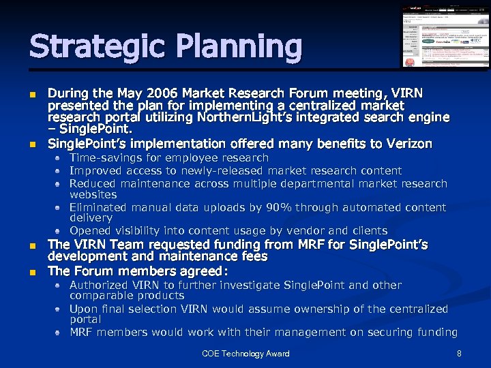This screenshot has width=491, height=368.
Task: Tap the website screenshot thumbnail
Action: pyautogui.click(x=445, y=36)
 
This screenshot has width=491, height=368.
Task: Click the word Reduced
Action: pyautogui.click(x=93, y=183)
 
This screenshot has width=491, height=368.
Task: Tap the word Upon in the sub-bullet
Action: pyautogui.click(x=83, y=309)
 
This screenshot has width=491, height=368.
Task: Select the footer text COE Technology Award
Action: pyautogui.click(x=245, y=354)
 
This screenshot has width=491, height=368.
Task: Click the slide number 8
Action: pyautogui.click(x=459, y=354)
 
